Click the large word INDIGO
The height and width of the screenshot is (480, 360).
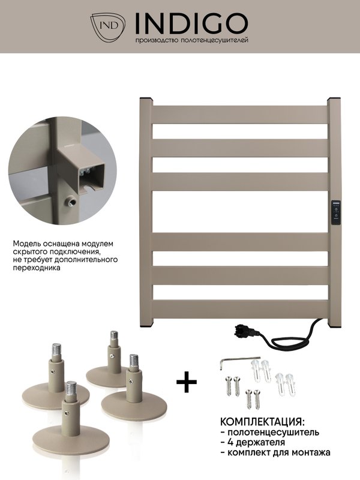[x=191, y=23]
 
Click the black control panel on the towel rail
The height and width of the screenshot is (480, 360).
[x=336, y=213]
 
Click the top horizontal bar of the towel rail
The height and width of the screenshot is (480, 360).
[x=241, y=115]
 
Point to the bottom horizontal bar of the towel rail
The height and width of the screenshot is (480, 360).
[x=241, y=309]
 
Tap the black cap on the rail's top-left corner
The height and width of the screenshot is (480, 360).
[x=146, y=99]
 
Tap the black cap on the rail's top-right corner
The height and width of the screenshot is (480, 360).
[x=335, y=99]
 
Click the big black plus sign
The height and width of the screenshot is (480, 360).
[x=187, y=382]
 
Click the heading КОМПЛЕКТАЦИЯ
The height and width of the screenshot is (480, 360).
[x=263, y=422]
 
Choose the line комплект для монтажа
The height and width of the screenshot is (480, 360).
[x=278, y=452]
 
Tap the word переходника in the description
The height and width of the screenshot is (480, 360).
[x=37, y=268]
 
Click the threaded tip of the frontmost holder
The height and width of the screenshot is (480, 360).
[x=71, y=388]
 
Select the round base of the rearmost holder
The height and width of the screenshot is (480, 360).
[x=104, y=377]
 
